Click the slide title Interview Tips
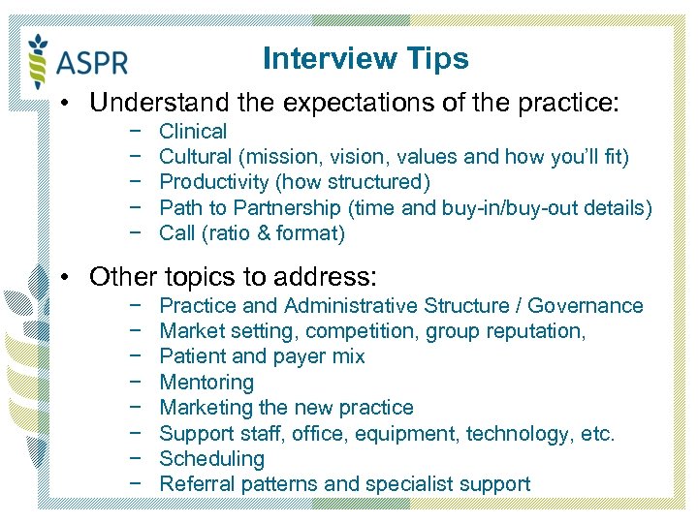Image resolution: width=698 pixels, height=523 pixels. pyautogui.click(x=365, y=59)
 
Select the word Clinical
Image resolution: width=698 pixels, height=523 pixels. pyautogui.click(x=193, y=132)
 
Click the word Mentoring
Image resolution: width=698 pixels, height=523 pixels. pyautogui.click(x=206, y=383)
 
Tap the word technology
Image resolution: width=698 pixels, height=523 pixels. pyautogui.click(x=521, y=433)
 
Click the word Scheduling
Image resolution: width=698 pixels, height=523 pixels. pyautogui.click(x=211, y=459)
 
